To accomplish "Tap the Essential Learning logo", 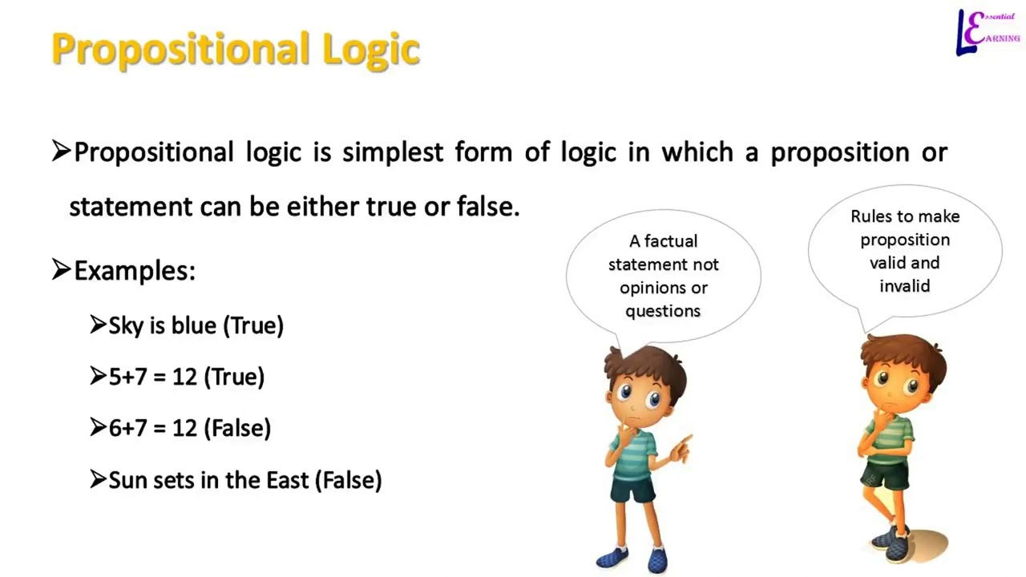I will (988, 33).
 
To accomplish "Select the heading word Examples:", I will (134, 271).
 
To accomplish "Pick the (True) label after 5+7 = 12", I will (234, 377).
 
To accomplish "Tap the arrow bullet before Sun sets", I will (98, 480).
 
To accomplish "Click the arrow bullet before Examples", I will (61, 270).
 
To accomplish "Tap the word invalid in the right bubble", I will (904, 286).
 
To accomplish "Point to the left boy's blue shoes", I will (632, 558).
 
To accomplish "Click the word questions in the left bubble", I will (663, 311).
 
